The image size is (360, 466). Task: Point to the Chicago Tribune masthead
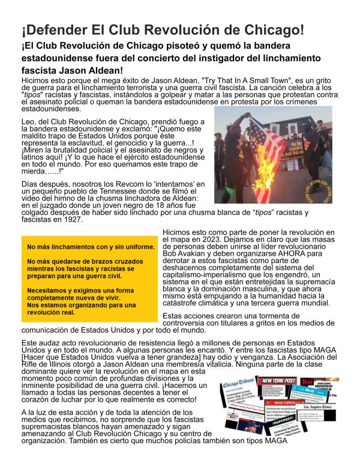coord(239,385)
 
